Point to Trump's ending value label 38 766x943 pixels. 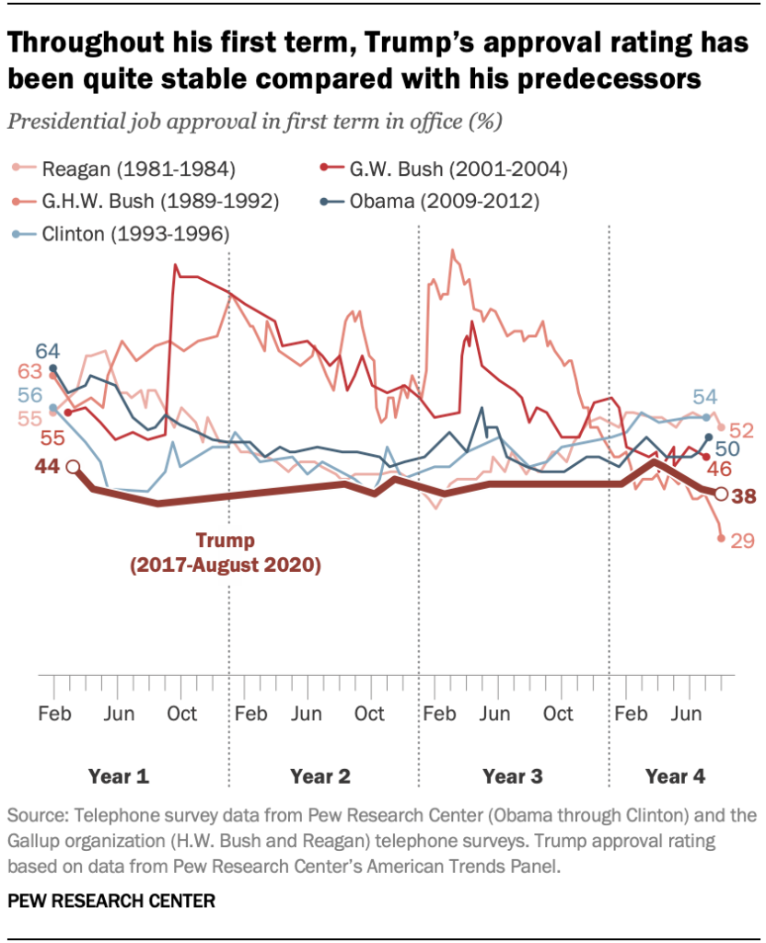tap(743, 495)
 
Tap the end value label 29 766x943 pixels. tap(742, 541)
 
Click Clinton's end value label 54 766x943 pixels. tap(705, 397)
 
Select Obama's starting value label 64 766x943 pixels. tap(48, 351)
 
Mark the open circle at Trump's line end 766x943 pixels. tap(722, 494)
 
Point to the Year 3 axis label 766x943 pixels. tap(512, 776)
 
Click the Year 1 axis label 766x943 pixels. tap(118, 776)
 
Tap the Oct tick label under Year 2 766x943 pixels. tap(369, 714)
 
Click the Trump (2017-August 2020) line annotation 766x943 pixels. tap(224, 552)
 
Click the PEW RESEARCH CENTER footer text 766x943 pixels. tap(110, 900)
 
